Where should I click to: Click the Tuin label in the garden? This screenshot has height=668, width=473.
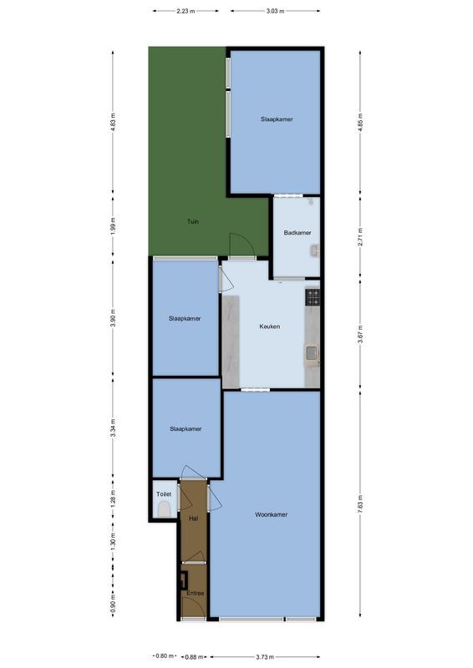coord(193,221)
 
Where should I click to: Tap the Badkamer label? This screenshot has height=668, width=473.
coord(298,232)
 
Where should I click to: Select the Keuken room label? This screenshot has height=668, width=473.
coord(269,326)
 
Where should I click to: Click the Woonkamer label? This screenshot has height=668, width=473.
coord(271,514)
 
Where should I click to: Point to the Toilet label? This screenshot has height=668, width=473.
coord(164,494)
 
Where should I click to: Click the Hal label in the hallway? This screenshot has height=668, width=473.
coord(193,519)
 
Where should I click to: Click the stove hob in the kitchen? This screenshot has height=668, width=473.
coord(313,295)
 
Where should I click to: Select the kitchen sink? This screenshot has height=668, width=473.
coord(312,354)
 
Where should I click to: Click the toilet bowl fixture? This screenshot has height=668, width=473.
coord(164,510)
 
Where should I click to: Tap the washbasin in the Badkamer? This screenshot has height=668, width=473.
coord(314,250)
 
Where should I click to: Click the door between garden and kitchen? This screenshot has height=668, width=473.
coord(239,245)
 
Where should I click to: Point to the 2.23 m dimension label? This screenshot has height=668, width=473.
coord(186,11)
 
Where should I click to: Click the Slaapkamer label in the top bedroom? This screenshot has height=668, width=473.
coord(277,119)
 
